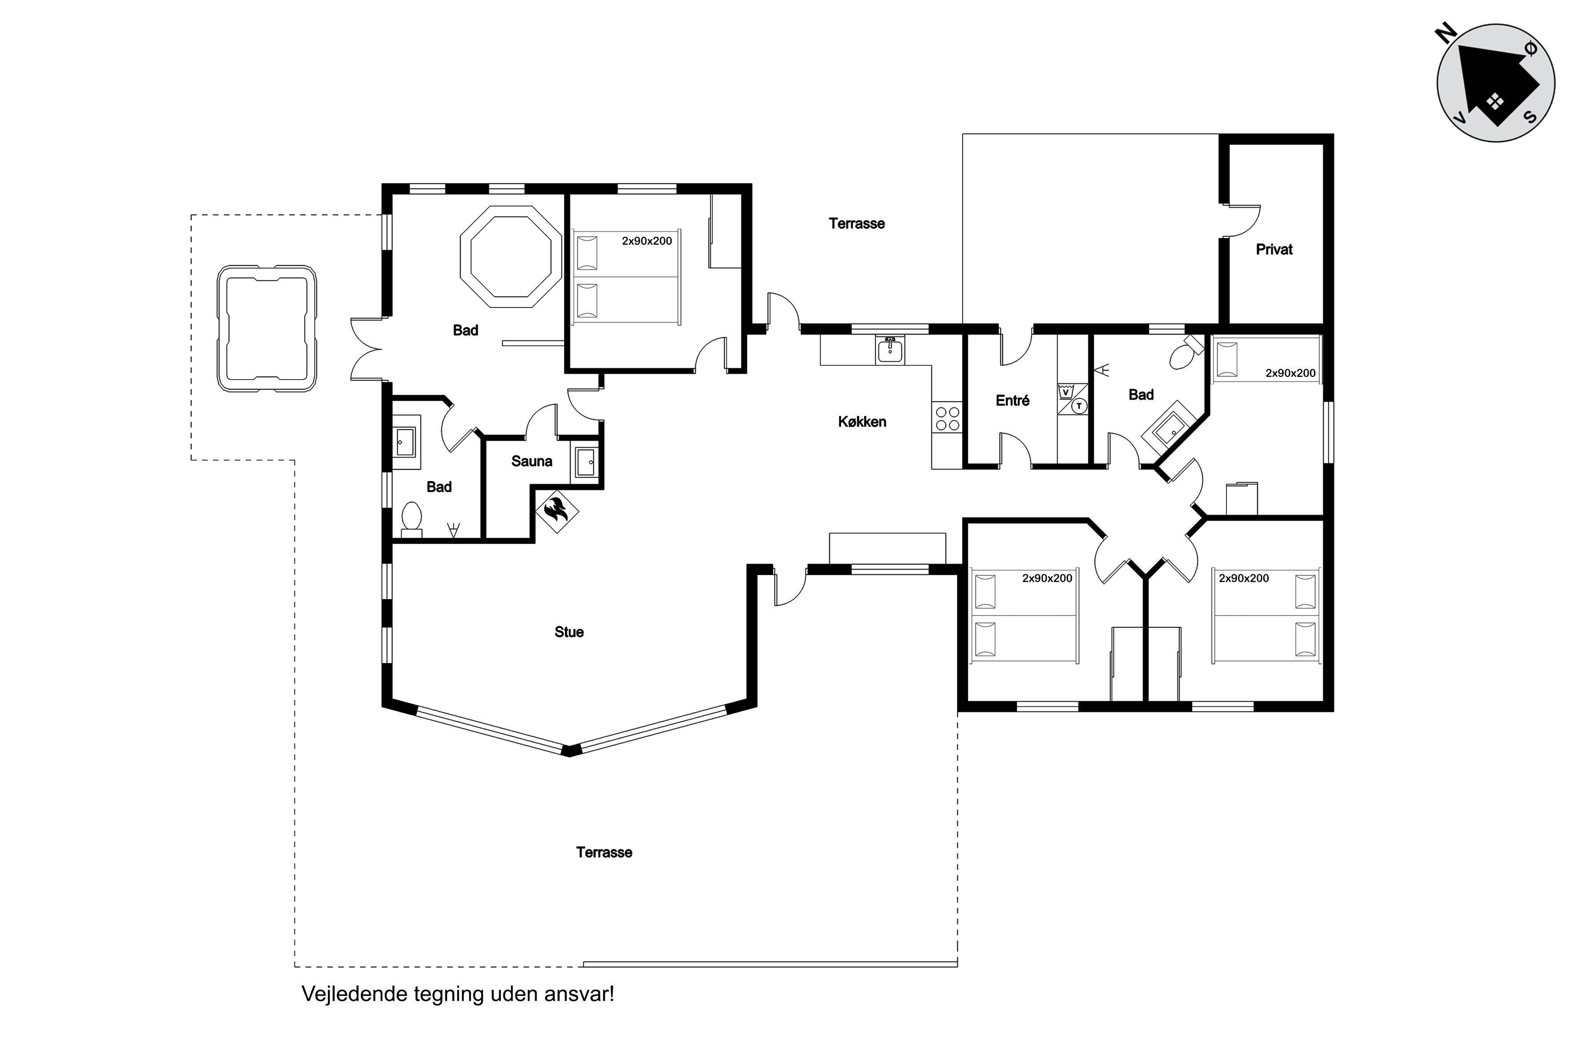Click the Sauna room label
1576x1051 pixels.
coord(532,461)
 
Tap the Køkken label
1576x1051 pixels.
coord(862,422)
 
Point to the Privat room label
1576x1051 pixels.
coord(1274,249)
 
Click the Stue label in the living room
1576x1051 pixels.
coord(569,632)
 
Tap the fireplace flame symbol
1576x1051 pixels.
coord(556,511)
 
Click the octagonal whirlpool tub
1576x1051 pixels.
coord(511,257)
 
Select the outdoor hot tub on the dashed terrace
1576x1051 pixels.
coord(267,328)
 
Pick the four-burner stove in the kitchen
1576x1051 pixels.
coord(947,418)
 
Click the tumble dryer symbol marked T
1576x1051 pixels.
coord(1078,405)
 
